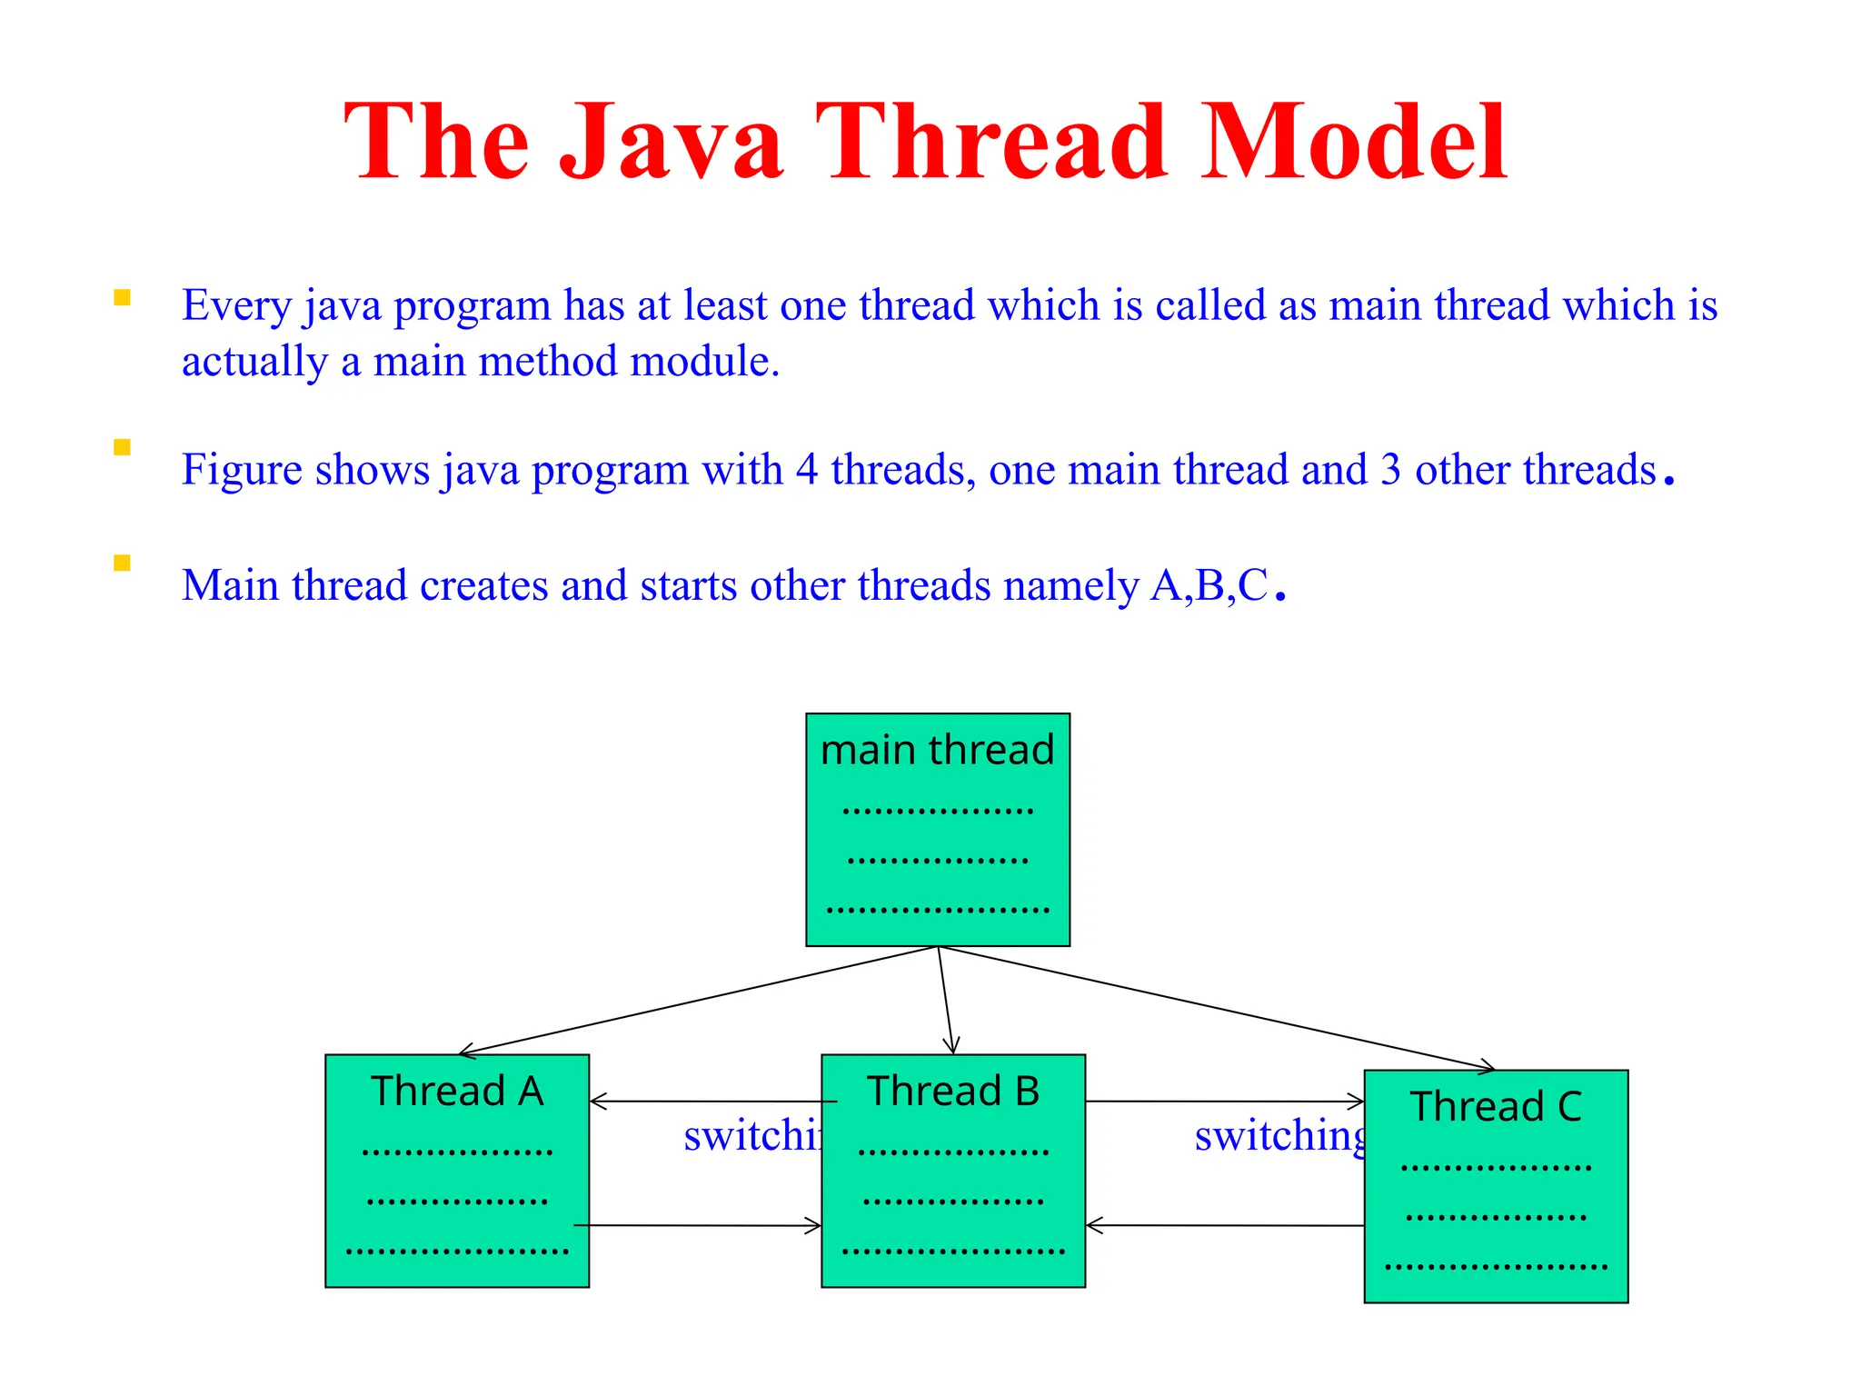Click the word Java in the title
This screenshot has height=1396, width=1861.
point(671,144)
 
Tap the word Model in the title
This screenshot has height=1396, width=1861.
point(1354,144)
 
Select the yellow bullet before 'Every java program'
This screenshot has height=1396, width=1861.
point(122,298)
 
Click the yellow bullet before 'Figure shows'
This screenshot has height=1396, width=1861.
point(122,447)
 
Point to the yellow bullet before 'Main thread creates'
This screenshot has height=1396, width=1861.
point(122,563)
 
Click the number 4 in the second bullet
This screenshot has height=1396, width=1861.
point(806,471)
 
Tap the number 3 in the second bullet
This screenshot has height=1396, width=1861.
point(1390,471)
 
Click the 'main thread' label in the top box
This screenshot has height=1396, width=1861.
point(937,751)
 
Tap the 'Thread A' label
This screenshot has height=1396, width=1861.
point(457,1092)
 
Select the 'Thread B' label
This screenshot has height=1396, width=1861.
point(953,1092)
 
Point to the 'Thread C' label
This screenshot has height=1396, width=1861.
point(1496,1107)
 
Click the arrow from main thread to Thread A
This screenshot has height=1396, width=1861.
point(700,1001)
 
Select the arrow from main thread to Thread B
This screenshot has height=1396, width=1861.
point(945,1000)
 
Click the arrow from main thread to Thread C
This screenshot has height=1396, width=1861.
point(1218,1008)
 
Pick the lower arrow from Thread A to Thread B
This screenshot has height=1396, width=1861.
point(700,1225)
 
